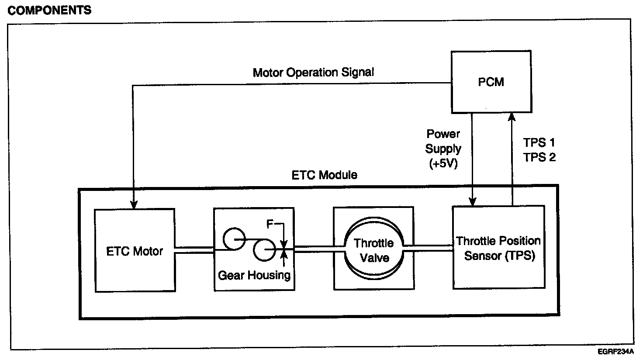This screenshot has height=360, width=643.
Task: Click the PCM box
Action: [x=491, y=82]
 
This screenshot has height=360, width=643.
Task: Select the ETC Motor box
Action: [x=135, y=250]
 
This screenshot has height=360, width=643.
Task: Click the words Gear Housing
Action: [x=254, y=275]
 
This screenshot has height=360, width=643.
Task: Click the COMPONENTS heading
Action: [x=49, y=10]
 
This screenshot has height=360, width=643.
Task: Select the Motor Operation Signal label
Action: [x=313, y=72]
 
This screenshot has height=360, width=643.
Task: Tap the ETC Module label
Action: [x=324, y=175]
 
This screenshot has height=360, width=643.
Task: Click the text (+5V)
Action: [x=443, y=165]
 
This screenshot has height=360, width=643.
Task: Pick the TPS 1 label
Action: [x=539, y=142]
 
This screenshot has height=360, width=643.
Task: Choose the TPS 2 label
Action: [x=539, y=157]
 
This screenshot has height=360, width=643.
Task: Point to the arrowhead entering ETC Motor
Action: [x=134, y=204]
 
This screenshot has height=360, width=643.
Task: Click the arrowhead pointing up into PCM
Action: [x=512, y=116]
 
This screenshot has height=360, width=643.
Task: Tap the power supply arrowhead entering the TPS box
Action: [x=473, y=201]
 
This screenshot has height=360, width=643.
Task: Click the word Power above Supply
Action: [x=443, y=134]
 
